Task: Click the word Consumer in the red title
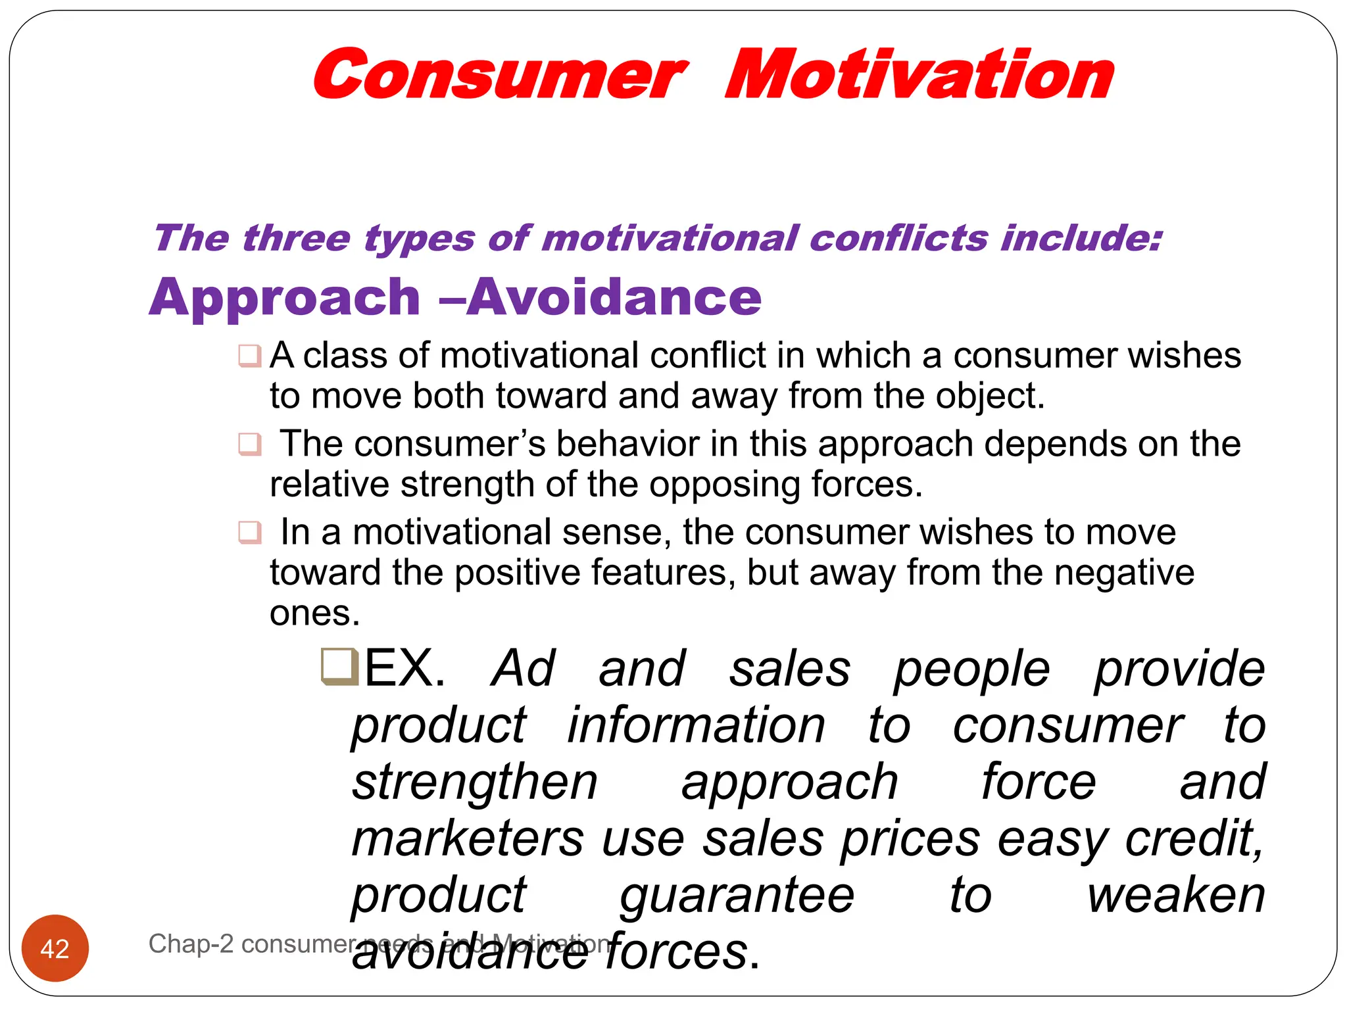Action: (x=500, y=74)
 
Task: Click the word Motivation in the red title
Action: (x=919, y=74)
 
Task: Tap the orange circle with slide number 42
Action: (x=55, y=948)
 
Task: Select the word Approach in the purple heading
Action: (x=284, y=298)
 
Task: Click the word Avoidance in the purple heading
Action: (x=614, y=298)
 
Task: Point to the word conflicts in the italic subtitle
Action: (x=898, y=238)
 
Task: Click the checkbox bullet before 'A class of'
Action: (x=250, y=356)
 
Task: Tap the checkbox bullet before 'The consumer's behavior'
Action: (x=250, y=445)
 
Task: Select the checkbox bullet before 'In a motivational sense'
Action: (x=250, y=532)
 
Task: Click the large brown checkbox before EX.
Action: (x=340, y=667)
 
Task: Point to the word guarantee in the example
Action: (x=737, y=896)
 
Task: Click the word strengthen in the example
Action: (x=475, y=782)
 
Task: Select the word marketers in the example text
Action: (x=468, y=839)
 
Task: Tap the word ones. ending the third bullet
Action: (x=315, y=613)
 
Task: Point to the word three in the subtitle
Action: (x=296, y=238)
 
